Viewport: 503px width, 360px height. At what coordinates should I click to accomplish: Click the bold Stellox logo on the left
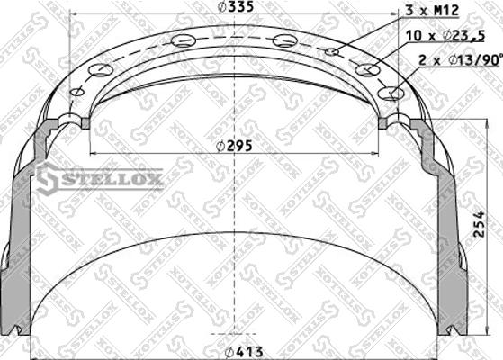point(100,180)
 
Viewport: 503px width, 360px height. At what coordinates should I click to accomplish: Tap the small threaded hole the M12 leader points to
point(332,52)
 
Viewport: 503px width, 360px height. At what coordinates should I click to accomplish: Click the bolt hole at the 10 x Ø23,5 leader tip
point(365,69)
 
